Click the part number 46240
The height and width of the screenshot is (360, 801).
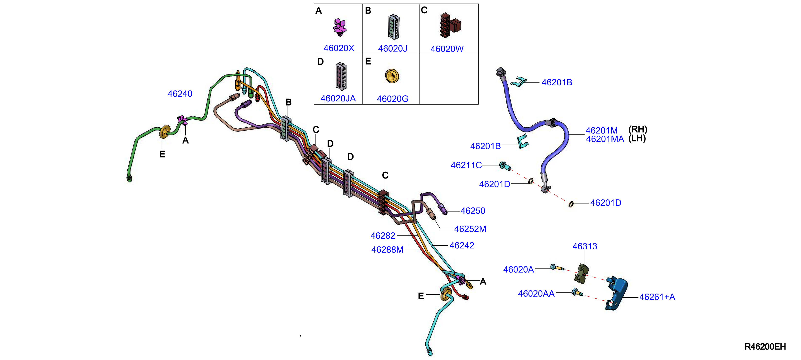[180, 94]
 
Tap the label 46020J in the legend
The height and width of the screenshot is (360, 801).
[392, 49]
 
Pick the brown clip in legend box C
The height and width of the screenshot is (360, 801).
[450, 25]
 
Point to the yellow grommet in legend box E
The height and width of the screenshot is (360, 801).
[392, 76]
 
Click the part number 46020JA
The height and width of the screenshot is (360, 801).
[338, 98]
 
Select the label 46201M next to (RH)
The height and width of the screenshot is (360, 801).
[601, 130]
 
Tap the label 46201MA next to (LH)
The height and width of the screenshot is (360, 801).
[605, 139]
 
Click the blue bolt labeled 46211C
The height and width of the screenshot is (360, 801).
[505, 166]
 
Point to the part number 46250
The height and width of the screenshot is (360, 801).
[473, 211]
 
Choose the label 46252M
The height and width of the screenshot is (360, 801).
[470, 229]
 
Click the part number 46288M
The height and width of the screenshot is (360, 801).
[387, 250]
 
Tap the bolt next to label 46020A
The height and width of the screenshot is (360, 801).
[557, 267]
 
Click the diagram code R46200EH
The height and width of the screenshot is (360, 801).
[765, 347]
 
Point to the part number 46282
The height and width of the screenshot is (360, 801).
[383, 236]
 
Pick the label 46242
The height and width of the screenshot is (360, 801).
[462, 245]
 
